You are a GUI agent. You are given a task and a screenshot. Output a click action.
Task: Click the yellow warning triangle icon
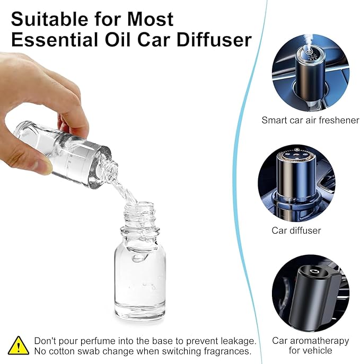coord(19,345)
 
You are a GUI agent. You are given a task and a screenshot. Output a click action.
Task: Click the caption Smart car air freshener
coord(310,120)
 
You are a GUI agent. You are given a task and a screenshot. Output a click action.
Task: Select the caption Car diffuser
coord(296,230)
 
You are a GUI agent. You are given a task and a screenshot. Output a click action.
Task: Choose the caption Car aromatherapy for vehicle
coord(310,345)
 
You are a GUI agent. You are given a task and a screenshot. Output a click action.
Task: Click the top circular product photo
coord(310,73)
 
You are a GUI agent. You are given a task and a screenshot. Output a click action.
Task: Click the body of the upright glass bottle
coord(139,276)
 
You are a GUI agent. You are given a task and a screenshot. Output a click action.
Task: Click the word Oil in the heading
coord(120,41)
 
